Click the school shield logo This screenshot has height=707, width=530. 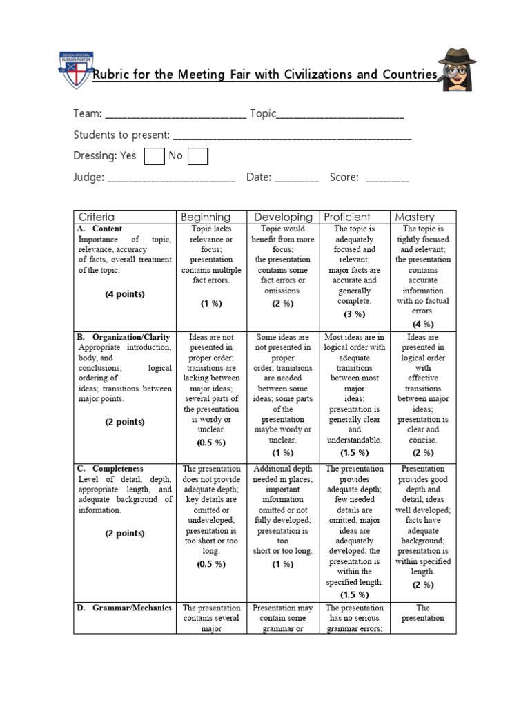point(73,68)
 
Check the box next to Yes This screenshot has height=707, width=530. point(154,157)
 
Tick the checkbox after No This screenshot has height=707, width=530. point(198,157)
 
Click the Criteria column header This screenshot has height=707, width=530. point(97,217)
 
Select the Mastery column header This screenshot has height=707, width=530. point(415,217)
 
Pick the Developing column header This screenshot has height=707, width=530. point(283,217)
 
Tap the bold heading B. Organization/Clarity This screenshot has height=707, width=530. point(124,337)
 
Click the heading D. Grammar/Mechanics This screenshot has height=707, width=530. point(124,608)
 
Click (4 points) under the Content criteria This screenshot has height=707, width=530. point(125,294)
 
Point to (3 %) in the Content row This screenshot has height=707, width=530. point(354,314)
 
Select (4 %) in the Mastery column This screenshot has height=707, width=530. point(423,324)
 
